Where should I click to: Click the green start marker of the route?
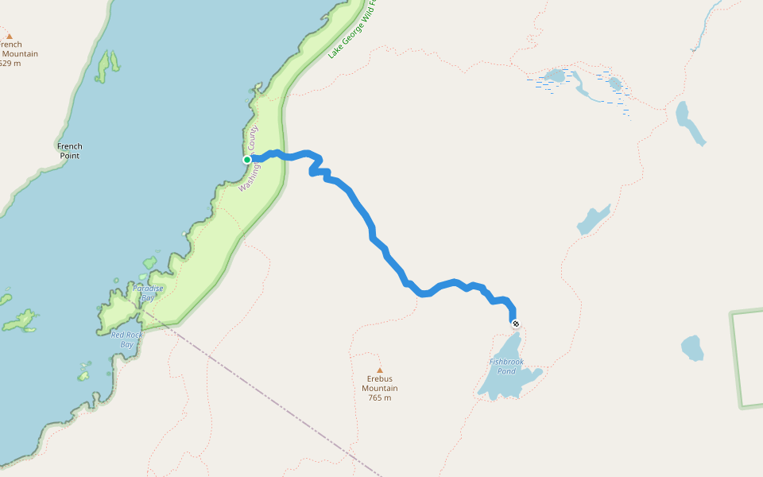[247, 160]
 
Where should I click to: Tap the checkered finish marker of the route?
[516, 324]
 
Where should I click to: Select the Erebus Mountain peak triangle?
[380, 370]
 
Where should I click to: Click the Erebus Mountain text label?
[380, 383]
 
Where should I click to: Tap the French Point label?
[70, 150]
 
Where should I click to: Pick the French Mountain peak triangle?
[10, 36]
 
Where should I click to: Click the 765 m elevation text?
[380, 397]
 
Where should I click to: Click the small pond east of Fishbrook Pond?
[692, 347]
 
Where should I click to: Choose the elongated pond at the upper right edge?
[688, 122]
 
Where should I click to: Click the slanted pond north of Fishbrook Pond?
[593, 219]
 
